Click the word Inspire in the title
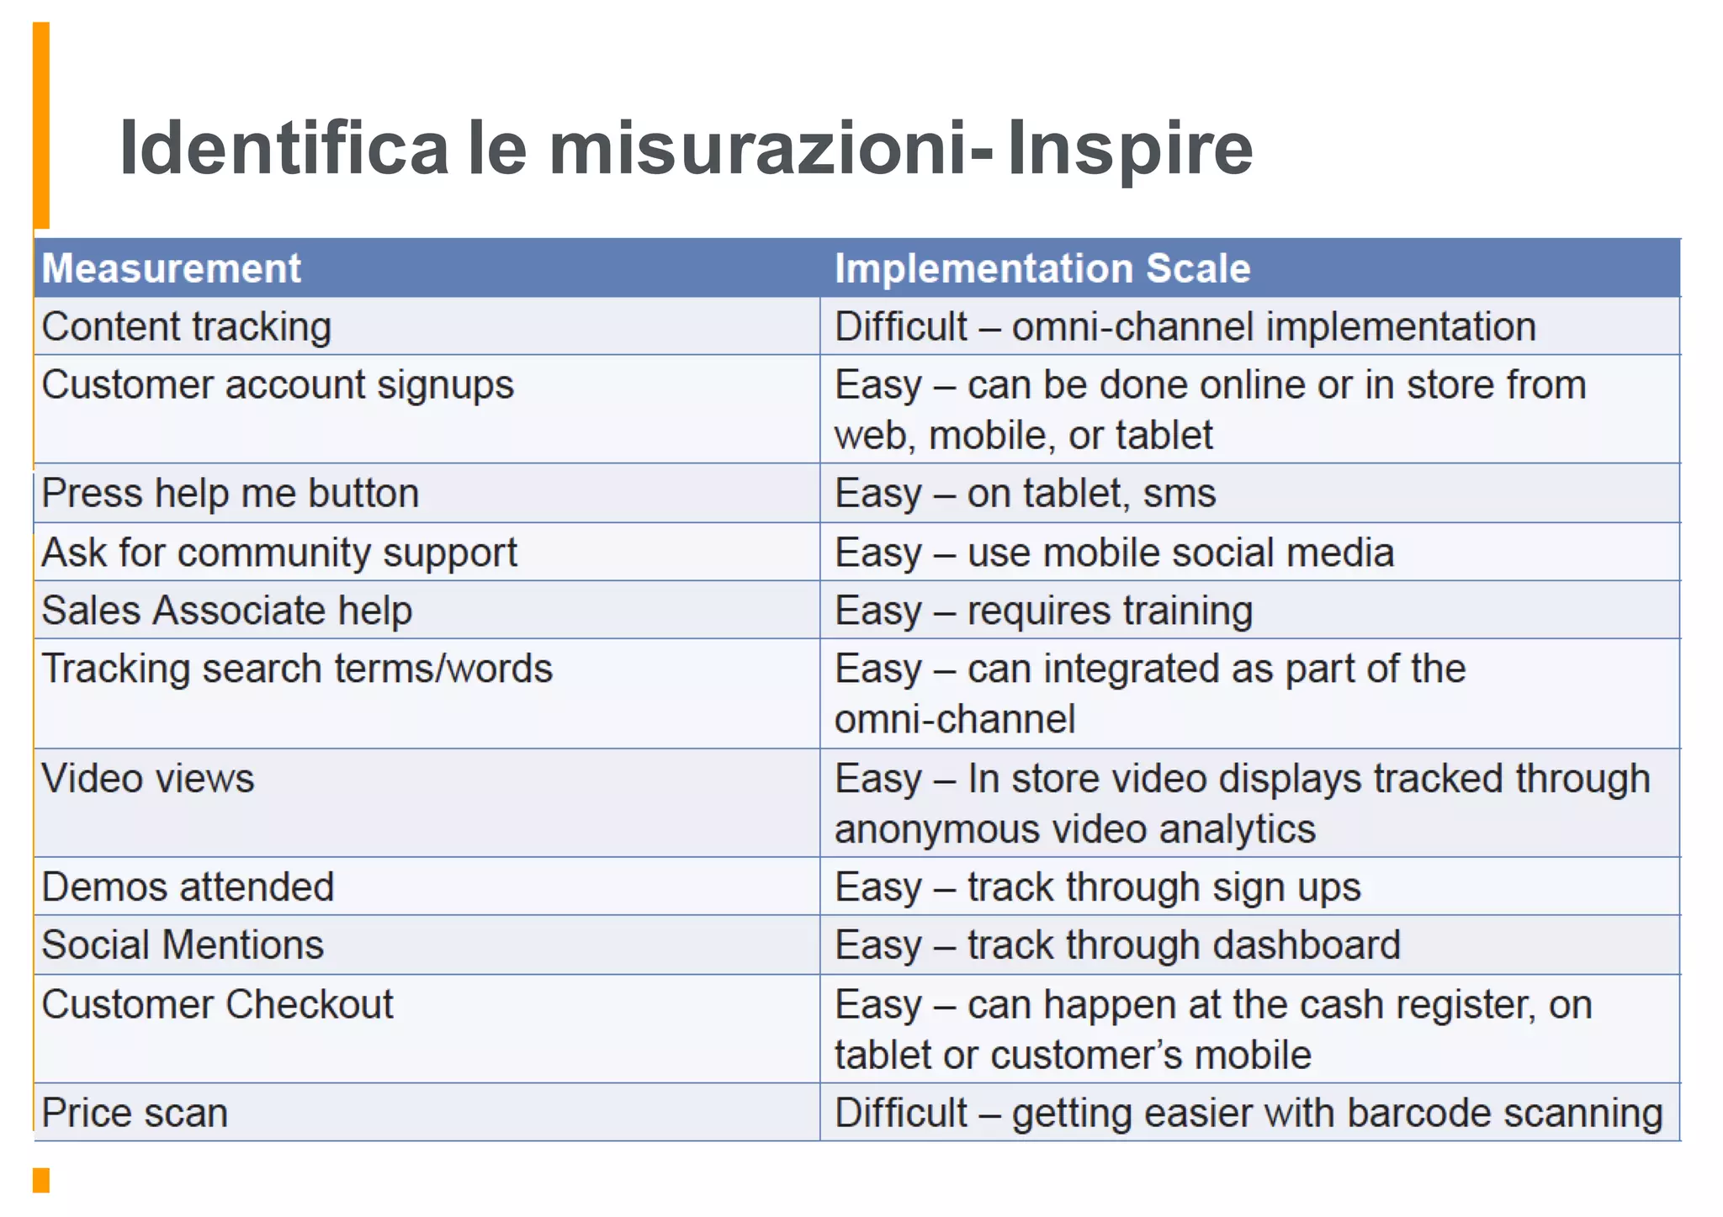tap(1129, 149)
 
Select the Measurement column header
tap(172, 269)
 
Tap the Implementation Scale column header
tap(1042, 269)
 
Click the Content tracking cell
tap(187, 327)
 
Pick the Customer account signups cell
tap(278, 385)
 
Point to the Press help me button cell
tap(231, 494)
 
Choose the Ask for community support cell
tap(279, 553)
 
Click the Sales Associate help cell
tap(227, 611)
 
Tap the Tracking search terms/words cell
tap(297, 669)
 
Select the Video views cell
tap(148, 779)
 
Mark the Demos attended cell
tap(188, 887)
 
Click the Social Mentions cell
tap(183, 945)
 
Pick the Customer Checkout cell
tap(218, 1005)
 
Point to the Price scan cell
tap(135, 1114)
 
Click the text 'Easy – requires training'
tap(1043, 611)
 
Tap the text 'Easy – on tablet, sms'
tap(1025, 494)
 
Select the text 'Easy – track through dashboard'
tap(1117, 945)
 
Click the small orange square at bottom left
tap(41, 1180)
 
